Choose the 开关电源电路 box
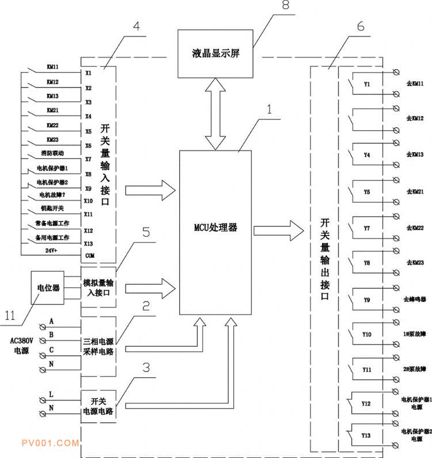click(99, 407)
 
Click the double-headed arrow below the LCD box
click(215, 115)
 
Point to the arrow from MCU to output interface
click(278, 231)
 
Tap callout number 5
click(146, 233)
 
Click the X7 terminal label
click(88, 159)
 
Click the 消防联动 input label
click(52, 154)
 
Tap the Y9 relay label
click(367, 300)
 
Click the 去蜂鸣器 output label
click(414, 300)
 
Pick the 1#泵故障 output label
click(414, 334)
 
